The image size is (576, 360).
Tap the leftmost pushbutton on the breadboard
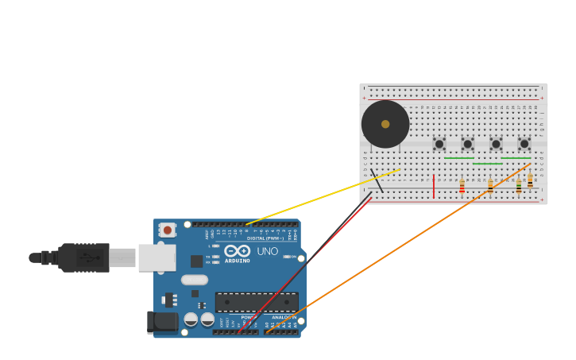(x=439, y=144)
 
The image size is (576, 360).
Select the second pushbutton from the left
(x=467, y=144)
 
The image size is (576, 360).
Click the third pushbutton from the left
(x=496, y=144)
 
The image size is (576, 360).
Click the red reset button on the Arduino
(x=167, y=230)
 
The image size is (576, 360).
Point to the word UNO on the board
(x=267, y=251)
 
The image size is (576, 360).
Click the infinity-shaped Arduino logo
(x=237, y=251)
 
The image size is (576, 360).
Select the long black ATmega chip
(x=257, y=302)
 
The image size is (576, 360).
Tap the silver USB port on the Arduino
(x=157, y=257)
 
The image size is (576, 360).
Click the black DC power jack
(x=162, y=321)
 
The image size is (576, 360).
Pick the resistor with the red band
(x=462, y=186)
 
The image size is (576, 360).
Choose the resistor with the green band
(x=518, y=186)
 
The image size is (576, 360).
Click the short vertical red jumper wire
(x=434, y=186)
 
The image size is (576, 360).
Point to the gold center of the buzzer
(x=385, y=124)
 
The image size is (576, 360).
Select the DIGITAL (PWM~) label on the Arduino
(x=265, y=238)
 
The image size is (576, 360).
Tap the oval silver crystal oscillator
(x=195, y=280)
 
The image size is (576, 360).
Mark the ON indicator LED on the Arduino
(x=287, y=257)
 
